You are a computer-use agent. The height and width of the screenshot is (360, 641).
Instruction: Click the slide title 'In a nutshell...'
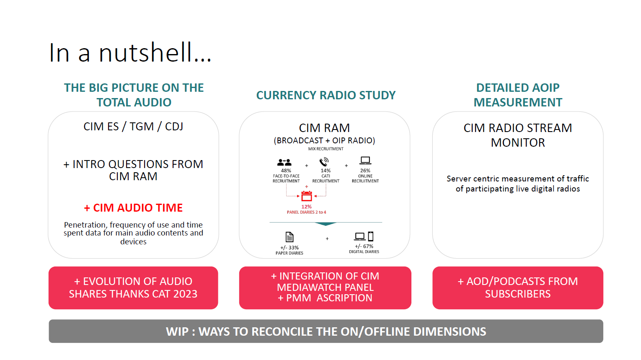coord(130,53)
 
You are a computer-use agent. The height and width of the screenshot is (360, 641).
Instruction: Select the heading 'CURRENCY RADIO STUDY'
coord(326,96)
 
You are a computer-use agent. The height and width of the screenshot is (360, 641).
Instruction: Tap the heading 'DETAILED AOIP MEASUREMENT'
coord(518,95)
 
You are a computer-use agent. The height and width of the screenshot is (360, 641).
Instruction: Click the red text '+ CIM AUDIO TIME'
coord(133,208)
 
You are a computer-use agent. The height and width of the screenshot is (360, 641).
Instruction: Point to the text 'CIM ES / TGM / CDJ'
coord(133,127)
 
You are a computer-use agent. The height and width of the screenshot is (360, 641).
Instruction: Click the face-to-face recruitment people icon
coord(284,162)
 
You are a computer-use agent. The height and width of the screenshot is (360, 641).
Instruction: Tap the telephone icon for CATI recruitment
coord(324,162)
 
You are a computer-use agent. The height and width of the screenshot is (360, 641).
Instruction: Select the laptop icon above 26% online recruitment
coord(365,161)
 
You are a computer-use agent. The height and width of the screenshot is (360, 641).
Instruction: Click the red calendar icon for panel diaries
coord(307,196)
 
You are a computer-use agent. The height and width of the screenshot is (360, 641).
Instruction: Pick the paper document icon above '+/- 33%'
coord(289,237)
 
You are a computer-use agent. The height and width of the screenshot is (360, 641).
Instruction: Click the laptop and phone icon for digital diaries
coord(364,236)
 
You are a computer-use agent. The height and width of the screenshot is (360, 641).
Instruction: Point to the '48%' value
coord(286,171)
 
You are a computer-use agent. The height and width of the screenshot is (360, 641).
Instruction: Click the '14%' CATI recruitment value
coord(326,171)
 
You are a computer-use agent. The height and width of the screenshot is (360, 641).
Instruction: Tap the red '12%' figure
coord(307,207)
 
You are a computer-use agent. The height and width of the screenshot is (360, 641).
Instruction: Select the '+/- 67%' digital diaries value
coord(364,246)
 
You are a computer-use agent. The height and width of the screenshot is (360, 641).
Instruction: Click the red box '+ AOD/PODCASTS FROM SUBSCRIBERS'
coord(518,288)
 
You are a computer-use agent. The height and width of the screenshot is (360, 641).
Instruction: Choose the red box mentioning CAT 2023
coord(133,288)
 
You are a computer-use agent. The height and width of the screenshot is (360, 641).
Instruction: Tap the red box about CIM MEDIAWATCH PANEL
coord(325,288)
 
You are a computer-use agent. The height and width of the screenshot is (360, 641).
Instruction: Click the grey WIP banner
coord(326,332)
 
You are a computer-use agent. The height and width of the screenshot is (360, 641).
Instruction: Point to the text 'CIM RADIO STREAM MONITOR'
coord(518,135)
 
